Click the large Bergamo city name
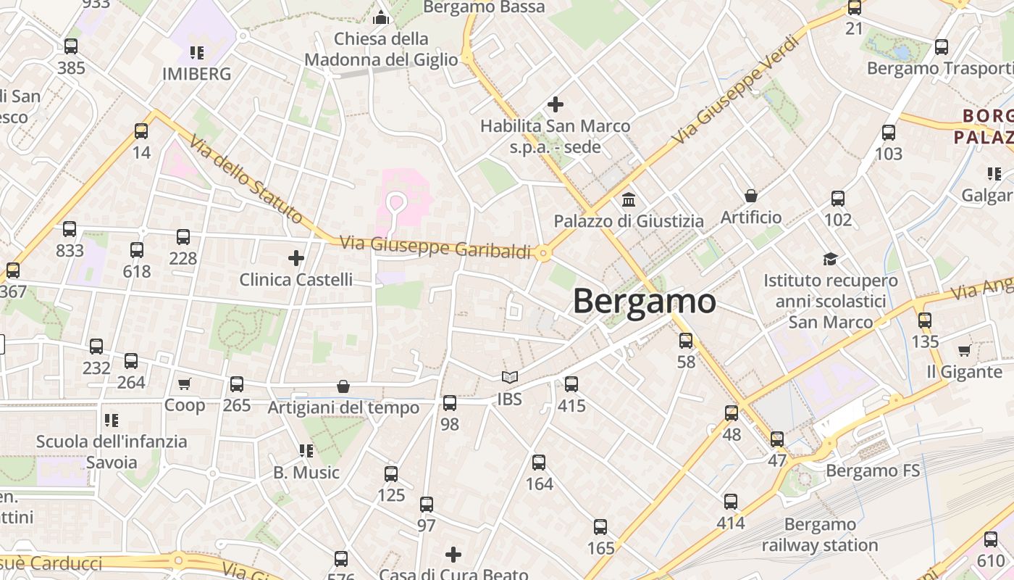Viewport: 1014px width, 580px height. coord(645,302)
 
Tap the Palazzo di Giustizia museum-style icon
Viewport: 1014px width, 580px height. coord(629,199)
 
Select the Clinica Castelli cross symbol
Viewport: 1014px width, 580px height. coord(296,257)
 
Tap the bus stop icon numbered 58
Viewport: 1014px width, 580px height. coord(686,340)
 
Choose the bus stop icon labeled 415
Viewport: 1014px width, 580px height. coord(571,384)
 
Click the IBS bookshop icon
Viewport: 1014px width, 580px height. coord(510,377)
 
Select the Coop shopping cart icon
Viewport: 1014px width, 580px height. coord(185,384)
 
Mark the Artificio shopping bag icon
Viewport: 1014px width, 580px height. coord(751,196)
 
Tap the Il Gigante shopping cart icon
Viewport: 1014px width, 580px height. coord(964,351)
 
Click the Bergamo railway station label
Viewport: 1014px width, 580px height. coord(820,534)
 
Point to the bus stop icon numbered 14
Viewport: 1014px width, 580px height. coord(141,131)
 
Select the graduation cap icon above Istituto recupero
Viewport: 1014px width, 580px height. coord(830,259)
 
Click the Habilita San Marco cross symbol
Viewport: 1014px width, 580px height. coord(556,104)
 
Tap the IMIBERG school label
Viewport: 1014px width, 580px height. coord(197,74)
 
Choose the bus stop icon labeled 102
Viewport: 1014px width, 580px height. coord(838,198)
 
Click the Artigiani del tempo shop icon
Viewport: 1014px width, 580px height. coord(343,387)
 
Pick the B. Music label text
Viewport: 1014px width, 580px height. coord(306,473)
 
